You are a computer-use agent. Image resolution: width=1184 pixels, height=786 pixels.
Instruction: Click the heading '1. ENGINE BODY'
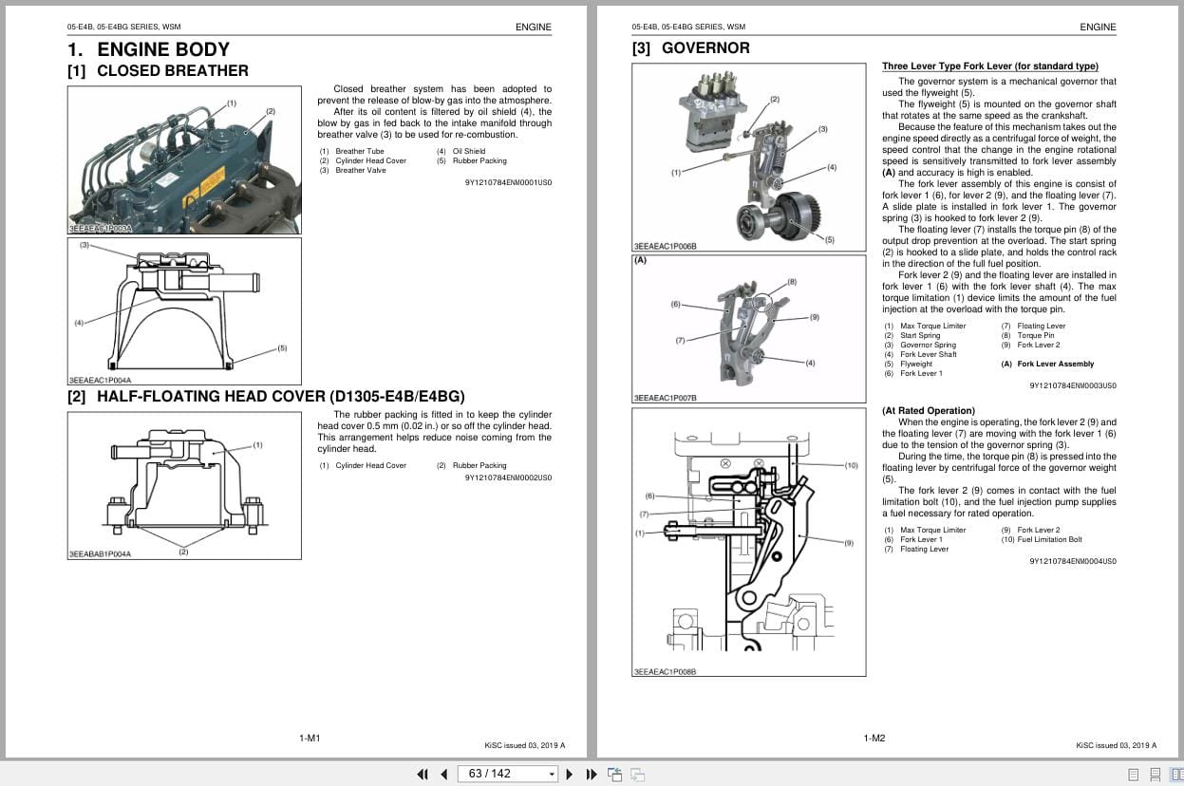pos(148,49)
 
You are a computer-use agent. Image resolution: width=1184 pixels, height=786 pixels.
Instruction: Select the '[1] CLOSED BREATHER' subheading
pos(158,71)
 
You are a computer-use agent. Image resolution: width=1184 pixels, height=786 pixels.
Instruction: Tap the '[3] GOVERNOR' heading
pos(690,48)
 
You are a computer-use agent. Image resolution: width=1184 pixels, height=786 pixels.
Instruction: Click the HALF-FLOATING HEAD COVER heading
pos(266,396)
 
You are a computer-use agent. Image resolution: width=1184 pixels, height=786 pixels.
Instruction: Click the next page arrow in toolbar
pos(570,774)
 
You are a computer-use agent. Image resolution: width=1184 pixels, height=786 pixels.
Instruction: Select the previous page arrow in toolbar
pos(443,774)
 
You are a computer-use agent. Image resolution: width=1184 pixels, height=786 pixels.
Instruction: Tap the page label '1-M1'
pos(310,738)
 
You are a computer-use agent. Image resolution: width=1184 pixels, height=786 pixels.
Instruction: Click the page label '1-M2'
pos(874,738)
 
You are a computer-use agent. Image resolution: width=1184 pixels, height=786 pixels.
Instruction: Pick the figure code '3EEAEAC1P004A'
pos(100,380)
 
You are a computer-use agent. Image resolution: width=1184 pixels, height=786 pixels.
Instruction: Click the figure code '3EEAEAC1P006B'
pos(665,246)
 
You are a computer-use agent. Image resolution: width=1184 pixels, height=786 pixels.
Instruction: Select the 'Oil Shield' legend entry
pos(468,151)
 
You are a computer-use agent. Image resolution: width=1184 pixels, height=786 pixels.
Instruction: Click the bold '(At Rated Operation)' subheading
pos(928,411)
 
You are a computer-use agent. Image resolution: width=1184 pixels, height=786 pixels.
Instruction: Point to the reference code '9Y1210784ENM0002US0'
pos(508,477)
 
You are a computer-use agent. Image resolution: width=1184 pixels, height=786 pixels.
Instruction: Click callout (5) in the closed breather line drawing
pos(282,347)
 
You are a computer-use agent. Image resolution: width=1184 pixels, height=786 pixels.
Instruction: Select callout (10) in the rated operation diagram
pos(851,465)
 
